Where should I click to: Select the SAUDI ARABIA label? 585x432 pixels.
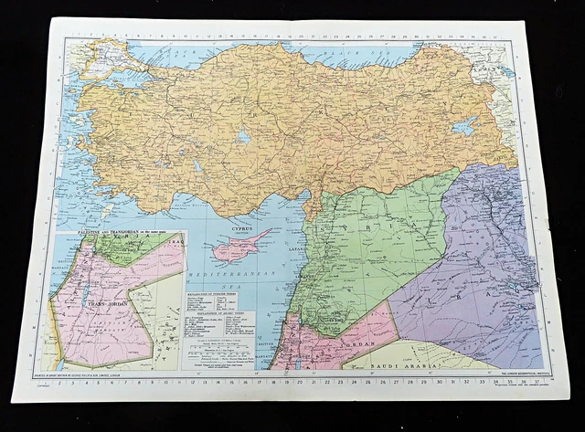pyautogui.click(x=404, y=363)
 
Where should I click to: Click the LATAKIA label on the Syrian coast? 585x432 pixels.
pyautogui.click(x=298, y=247)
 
